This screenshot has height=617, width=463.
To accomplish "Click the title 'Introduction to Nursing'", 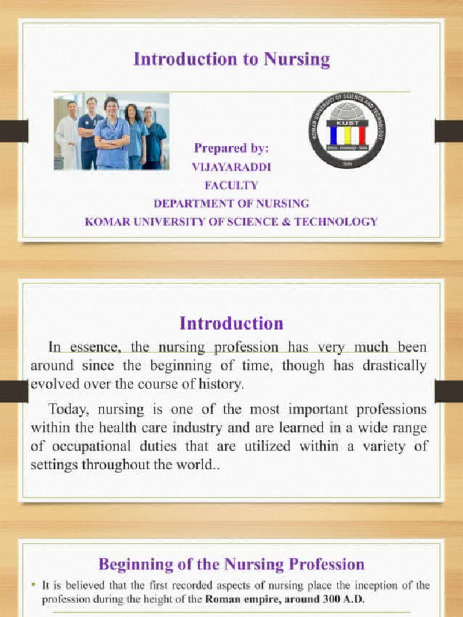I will point(231,59).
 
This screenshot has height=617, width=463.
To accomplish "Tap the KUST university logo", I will point(347,130).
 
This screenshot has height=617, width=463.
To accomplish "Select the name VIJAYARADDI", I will point(231,167).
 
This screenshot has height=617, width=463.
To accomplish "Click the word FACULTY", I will point(231,185).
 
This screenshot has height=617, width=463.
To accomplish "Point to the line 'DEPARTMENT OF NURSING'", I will point(231,203).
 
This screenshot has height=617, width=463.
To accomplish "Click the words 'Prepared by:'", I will point(231,148).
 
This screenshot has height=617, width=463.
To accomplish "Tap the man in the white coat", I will point(68,136).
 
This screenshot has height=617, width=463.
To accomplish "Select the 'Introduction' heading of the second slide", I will point(231,323).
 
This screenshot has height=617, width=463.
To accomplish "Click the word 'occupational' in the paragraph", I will point(84,446).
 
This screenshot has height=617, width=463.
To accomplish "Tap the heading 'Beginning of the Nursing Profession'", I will point(231,564).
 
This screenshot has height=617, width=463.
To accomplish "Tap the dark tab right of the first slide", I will point(449,131).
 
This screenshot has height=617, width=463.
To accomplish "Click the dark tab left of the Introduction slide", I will point(14,392).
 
